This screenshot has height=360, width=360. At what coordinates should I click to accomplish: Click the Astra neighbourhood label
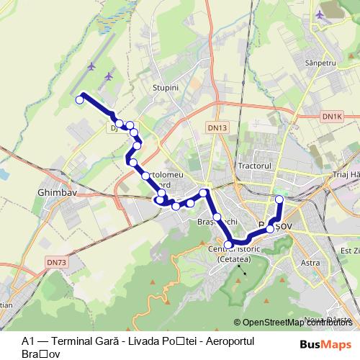[310, 263]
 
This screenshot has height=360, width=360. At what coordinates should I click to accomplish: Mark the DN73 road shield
[55, 263]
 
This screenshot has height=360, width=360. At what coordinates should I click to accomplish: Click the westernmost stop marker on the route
[79, 100]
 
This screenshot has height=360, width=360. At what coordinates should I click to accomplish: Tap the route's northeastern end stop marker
[279, 199]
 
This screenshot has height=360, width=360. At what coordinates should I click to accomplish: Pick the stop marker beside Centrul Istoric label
[229, 245]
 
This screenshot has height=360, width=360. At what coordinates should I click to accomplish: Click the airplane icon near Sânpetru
[320, 14]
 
